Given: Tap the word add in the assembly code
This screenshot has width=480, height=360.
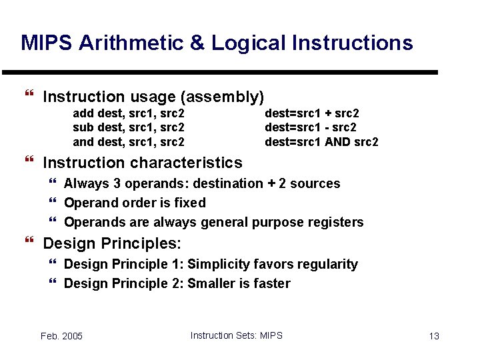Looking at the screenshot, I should [x=83, y=113].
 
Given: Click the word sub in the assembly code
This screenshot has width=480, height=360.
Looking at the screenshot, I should [x=83, y=127].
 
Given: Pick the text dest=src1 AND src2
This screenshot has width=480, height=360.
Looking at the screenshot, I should [x=321, y=142].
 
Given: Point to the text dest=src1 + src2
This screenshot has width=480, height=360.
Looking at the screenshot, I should [x=311, y=113].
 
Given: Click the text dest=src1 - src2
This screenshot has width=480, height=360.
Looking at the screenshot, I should [x=310, y=127].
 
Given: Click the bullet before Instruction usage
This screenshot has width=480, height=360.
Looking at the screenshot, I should [x=28, y=97].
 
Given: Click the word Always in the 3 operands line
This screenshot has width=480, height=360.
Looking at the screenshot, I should [x=86, y=183].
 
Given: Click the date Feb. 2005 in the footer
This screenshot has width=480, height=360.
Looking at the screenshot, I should [x=61, y=336].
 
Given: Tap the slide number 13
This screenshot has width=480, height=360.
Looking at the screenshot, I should [x=434, y=336].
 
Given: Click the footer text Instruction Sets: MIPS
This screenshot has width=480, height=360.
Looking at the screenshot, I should [x=236, y=335].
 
